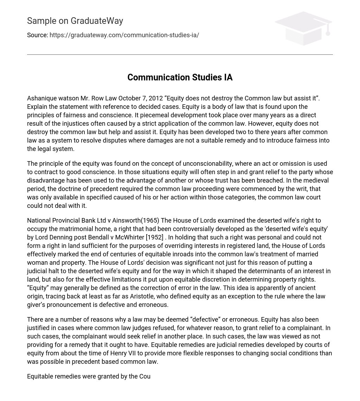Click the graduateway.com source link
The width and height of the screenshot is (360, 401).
(124, 35)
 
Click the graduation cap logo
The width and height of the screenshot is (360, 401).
(303, 28)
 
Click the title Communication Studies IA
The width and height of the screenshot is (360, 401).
(180, 77)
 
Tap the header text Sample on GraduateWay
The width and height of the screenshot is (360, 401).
(75, 21)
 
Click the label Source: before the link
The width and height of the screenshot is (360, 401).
(37, 35)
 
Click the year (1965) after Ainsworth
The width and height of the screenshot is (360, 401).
(150, 221)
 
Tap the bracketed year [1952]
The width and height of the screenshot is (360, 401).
(155, 237)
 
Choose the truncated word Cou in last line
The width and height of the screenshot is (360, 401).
(145, 376)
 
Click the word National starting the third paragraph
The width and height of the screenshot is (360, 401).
(39, 221)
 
